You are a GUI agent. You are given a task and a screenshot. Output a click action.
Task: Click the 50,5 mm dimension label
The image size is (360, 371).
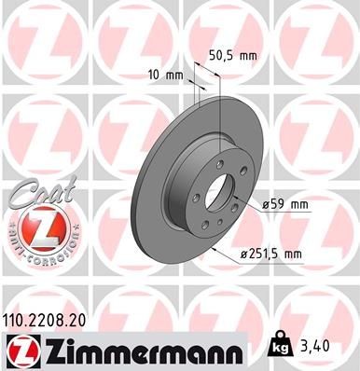coord(230,55)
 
